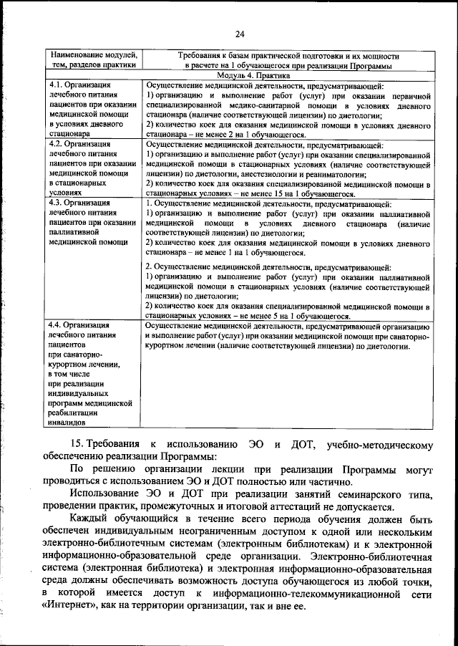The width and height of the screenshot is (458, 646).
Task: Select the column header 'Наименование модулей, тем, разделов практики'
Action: click(92, 59)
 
